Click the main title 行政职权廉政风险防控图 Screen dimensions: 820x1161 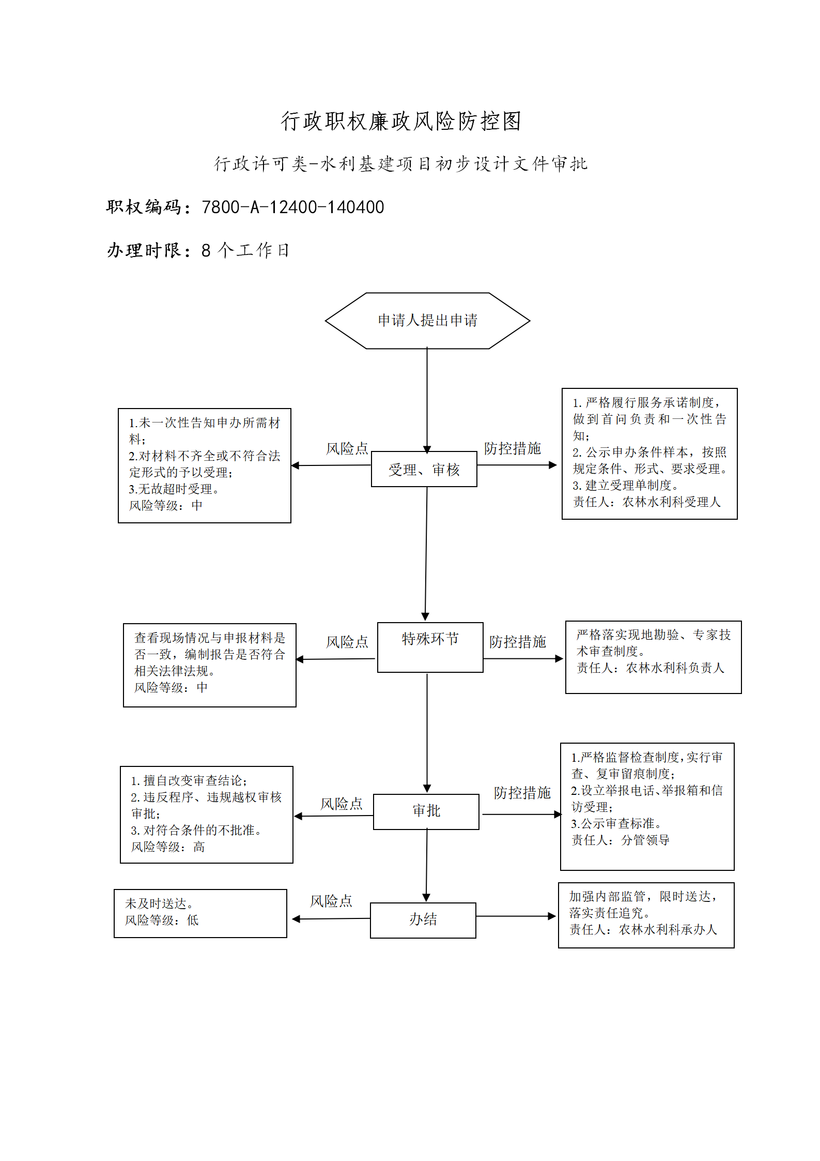coord(401,121)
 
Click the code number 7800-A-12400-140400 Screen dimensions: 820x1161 coord(293,207)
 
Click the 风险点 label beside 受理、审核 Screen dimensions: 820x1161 coord(347,448)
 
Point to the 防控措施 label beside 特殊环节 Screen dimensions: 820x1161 coord(518,642)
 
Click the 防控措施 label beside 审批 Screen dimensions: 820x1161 coord(522,793)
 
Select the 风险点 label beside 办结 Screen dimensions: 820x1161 coord(331,901)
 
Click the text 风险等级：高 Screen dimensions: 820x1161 coord(168,847)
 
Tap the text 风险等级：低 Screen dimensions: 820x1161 coord(162,920)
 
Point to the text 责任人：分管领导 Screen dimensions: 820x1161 coord(621,840)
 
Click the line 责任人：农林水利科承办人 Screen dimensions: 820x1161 coord(643,929)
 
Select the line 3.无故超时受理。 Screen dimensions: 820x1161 coord(174,489)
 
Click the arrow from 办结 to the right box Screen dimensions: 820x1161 coord(516,916)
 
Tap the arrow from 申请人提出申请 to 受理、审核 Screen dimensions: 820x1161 coord(427,400)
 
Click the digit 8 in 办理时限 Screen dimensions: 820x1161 coord(206,250)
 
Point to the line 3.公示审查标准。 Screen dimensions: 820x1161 coord(616,823)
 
